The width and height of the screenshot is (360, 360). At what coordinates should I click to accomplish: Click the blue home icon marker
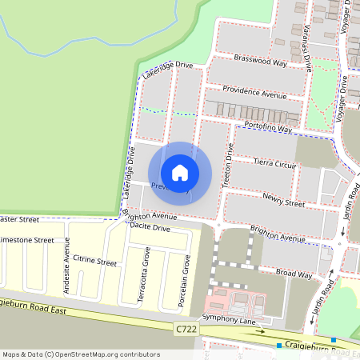point(180,173)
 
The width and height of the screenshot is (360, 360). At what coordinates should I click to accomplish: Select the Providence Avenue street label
point(254,93)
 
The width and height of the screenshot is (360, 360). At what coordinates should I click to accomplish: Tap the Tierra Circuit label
point(274,162)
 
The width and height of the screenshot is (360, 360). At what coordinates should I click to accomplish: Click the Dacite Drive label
point(150,228)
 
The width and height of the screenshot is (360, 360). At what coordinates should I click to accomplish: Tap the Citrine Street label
point(94,262)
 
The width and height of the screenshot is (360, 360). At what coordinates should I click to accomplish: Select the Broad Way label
point(294,274)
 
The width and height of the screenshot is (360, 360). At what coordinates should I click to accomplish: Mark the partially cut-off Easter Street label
point(19,218)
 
